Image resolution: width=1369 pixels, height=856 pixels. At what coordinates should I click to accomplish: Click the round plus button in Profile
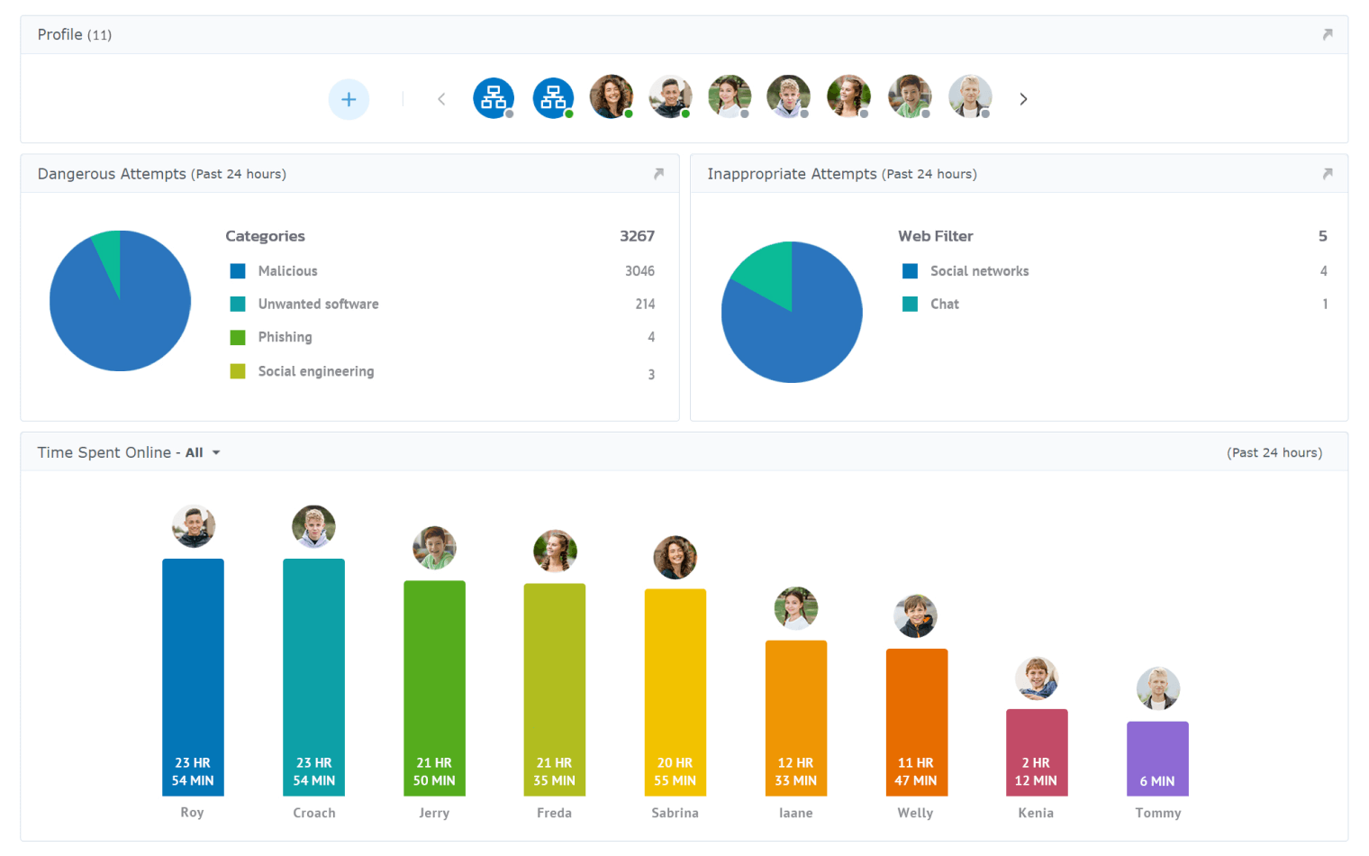point(349,99)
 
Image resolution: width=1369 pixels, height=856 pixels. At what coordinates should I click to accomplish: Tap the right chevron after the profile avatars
point(1023,99)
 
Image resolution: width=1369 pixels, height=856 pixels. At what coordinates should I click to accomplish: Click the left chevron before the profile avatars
point(441,99)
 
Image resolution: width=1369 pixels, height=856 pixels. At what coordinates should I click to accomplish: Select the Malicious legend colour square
point(238,271)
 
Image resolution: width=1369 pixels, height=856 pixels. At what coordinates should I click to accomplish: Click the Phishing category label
point(285,337)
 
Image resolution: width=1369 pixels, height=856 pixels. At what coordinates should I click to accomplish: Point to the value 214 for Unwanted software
point(645,305)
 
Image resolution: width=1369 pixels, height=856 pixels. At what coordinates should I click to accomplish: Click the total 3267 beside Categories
point(637,236)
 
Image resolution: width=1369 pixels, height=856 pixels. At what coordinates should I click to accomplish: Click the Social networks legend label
point(979,271)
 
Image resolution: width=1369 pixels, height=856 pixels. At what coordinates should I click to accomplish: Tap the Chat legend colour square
point(910,305)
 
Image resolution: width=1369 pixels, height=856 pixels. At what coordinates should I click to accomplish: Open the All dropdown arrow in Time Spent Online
point(216,452)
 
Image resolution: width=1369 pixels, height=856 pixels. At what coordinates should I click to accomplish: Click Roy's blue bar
point(193,667)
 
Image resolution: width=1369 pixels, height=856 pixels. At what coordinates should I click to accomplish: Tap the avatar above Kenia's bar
point(1037,678)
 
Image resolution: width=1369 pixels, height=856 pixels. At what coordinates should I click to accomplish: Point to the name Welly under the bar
point(915,813)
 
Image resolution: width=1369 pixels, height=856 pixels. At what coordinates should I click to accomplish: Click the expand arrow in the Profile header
point(1327,34)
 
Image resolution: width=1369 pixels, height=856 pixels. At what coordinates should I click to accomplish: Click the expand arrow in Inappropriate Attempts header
point(1327,174)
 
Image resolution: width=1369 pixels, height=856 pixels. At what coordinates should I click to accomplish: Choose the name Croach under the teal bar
point(313,813)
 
